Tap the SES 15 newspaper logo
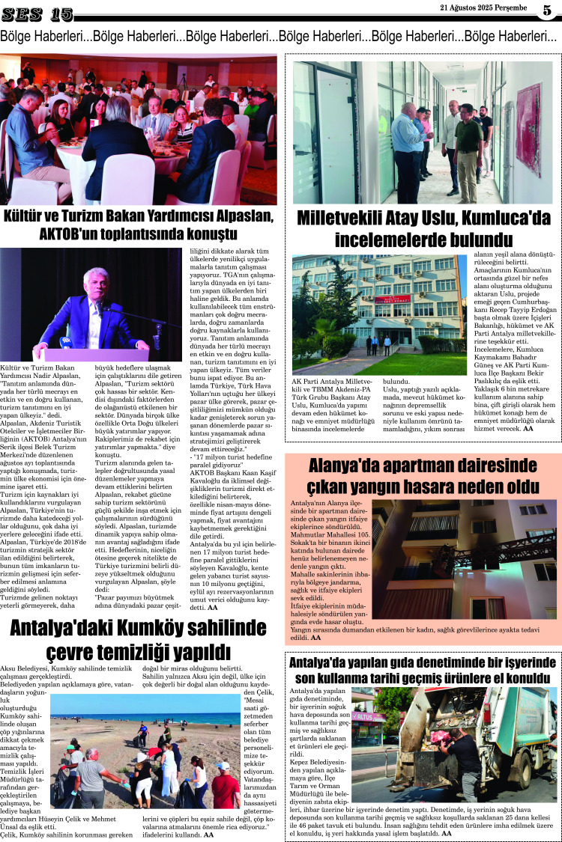pos(37,14)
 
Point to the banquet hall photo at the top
pos(139,128)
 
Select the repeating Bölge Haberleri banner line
pos(280,35)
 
